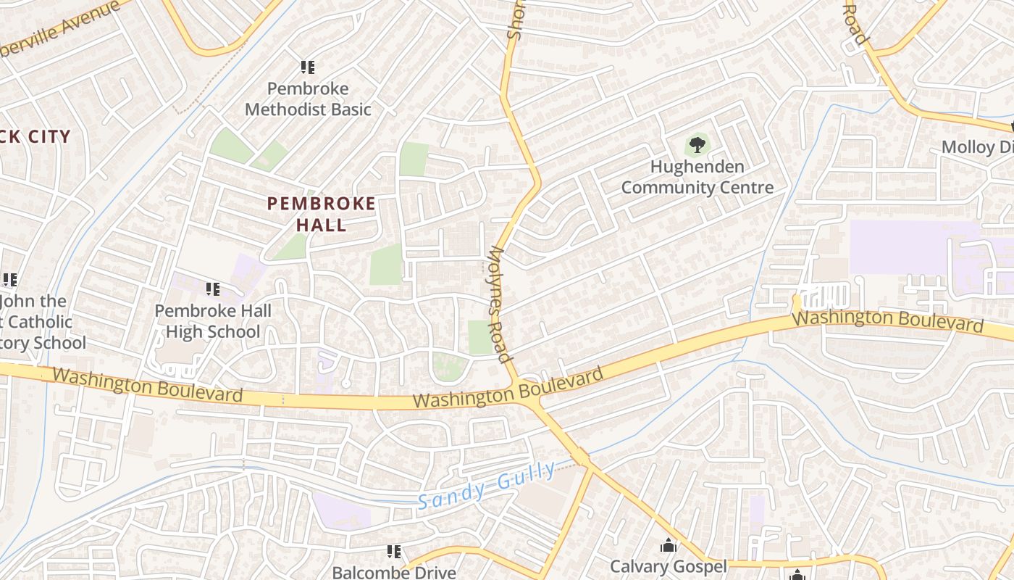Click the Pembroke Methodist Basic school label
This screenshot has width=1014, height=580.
click(x=308, y=99)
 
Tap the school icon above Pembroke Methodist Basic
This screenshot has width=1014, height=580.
click(x=308, y=67)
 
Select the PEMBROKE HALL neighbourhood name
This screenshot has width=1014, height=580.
click(x=322, y=214)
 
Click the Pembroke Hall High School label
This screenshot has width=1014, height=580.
click(x=213, y=321)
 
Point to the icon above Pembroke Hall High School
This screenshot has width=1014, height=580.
click(x=213, y=289)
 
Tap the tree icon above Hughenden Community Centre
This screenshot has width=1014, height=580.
click(x=697, y=145)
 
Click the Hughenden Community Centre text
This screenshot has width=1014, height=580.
click(x=697, y=178)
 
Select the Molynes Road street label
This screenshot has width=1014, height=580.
click(x=500, y=304)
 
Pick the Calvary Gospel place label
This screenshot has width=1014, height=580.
click(x=668, y=566)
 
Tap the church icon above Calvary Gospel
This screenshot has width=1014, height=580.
click(x=668, y=545)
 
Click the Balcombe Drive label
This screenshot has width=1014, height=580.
click(x=394, y=572)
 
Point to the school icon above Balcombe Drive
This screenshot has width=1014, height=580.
click(x=394, y=552)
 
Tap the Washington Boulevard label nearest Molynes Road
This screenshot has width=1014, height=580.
click(x=508, y=389)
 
